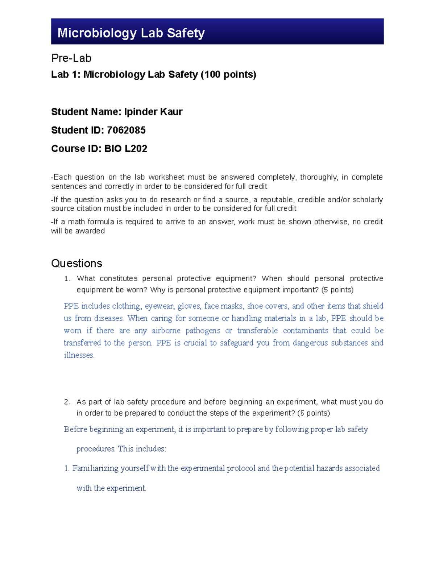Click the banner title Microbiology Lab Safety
click(x=131, y=33)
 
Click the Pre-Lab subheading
click(x=71, y=58)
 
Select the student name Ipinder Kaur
click(x=153, y=112)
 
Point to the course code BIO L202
click(x=125, y=149)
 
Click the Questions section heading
click(x=76, y=263)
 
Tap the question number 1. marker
click(x=67, y=279)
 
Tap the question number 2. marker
click(x=67, y=402)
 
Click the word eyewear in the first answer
click(x=159, y=306)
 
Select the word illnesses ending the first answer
click(x=79, y=355)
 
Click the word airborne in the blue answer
click(x=166, y=331)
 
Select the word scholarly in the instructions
click(x=368, y=200)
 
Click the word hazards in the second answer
click(x=329, y=468)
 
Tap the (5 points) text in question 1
click(x=337, y=290)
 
